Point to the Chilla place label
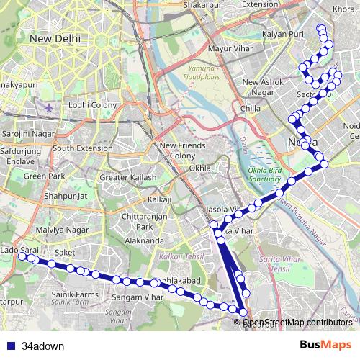point(251,109)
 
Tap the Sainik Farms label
point(73,294)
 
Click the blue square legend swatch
point(9,346)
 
